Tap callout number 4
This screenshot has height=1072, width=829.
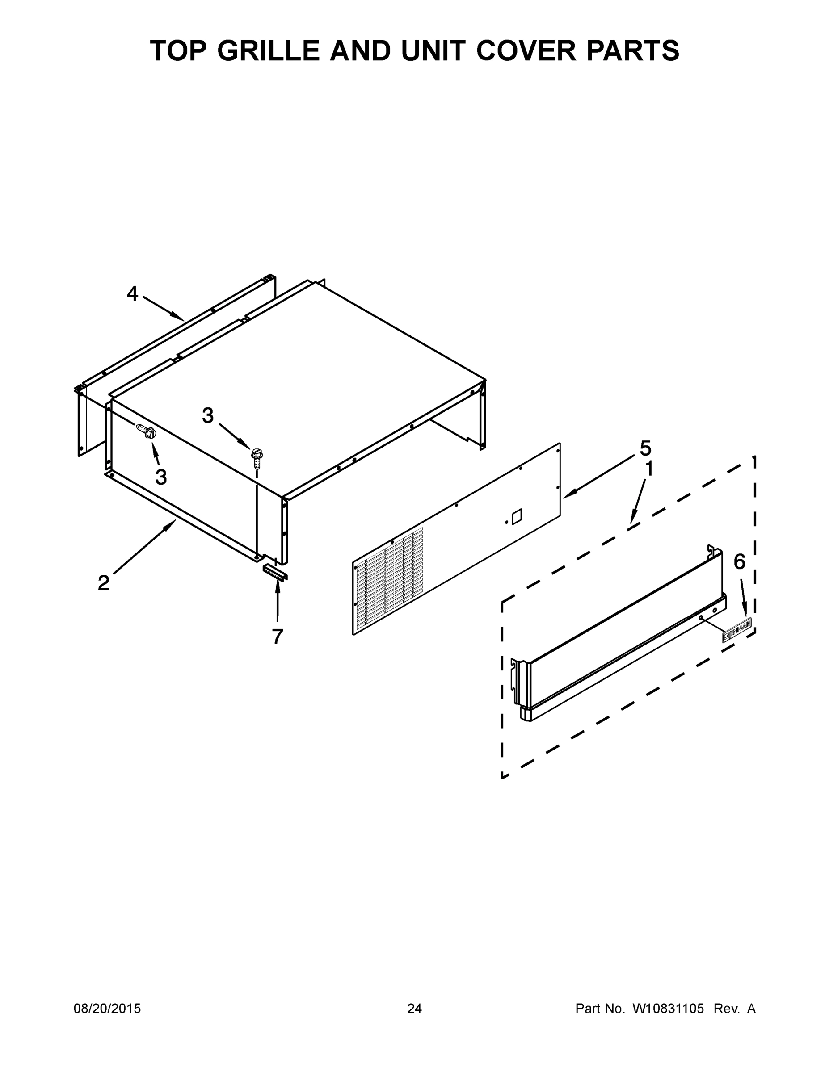click(132, 294)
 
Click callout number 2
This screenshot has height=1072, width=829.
click(103, 583)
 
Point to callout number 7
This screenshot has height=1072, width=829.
click(278, 636)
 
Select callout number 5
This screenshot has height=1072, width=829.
click(645, 448)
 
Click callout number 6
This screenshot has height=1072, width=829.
click(739, 561)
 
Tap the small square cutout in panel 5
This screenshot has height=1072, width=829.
click(517, 517)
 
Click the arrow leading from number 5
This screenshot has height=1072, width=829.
click(599, 477)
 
